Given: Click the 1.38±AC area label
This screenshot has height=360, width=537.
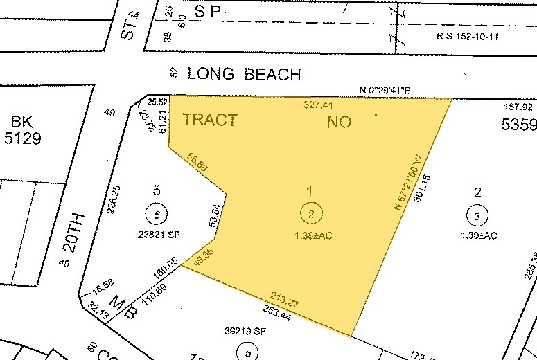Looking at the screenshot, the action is click(313, 235).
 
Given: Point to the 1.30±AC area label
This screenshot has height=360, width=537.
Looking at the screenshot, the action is click(478, 235).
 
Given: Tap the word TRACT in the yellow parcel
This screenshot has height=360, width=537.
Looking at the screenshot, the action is click(209, 120).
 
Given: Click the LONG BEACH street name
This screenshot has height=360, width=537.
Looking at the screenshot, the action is click(244, 74).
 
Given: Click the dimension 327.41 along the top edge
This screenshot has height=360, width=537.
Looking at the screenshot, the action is click(319, 106).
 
